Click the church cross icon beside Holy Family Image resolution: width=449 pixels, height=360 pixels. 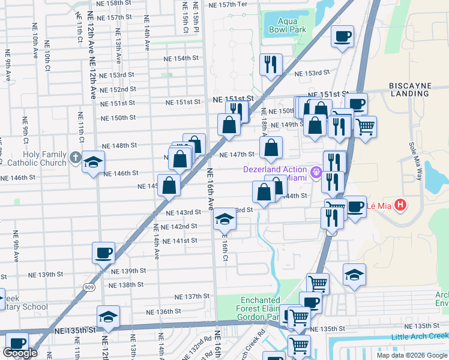(x=74, y=158)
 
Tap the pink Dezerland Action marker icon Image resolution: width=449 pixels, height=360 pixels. (x=315, y=173)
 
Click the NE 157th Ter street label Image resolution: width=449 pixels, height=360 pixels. (x=228, y=4)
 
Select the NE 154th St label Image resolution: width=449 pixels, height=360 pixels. (x=182, y=58)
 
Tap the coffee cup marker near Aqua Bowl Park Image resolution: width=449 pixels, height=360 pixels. (x=343, y=37)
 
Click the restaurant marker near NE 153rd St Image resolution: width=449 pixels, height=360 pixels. (x=271, y=64)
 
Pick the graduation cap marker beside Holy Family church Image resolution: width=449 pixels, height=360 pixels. (x=93, y=163)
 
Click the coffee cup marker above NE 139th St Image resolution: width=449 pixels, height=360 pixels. (x=103, y=253)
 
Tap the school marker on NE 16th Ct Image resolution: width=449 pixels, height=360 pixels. (x=225, y=220)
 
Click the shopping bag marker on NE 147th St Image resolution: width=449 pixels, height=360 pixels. (x=271, y=148)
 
